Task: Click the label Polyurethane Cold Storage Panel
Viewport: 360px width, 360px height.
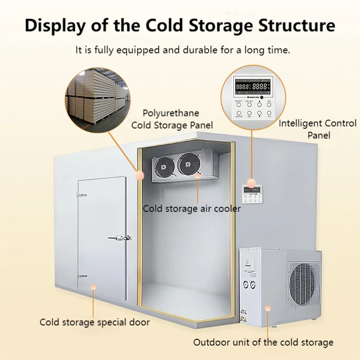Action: click(172, 119)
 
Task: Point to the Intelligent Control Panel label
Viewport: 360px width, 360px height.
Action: click(317, 129)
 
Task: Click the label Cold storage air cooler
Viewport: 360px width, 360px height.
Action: click(192, 209)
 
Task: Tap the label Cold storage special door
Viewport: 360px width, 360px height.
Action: click(94, 322)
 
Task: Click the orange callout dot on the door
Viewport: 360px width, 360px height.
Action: click(94, 286)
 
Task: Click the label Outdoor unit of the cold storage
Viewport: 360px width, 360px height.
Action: click(263, 342)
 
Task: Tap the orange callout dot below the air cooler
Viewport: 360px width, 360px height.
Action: click(198, 176)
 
